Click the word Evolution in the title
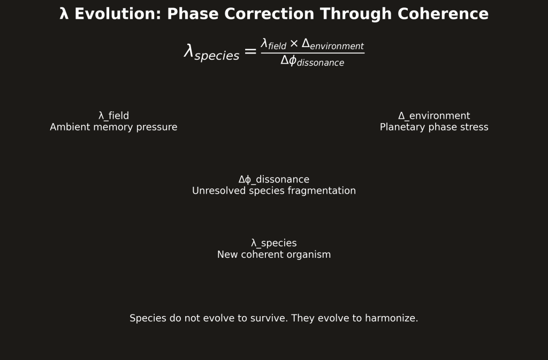(x=117, y=14)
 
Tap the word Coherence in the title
(x=443, y=14)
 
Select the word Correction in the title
(x=269, y=14)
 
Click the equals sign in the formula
(x=250, y=52)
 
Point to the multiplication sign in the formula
(x=294, y=44)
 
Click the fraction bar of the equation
(x=313, y=53)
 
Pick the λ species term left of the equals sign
(x=212, y=52)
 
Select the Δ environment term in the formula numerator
(x=333, y=44)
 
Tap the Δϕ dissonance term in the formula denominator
(x=313, y=61)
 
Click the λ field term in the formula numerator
(x=273, y=44)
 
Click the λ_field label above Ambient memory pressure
(x=113, y=116)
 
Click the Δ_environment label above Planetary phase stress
(x=434, y=116)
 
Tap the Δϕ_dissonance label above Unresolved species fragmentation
(x=274, y=180)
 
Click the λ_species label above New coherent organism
(x=274, y=243)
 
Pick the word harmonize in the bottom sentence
(x=391, y=318)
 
